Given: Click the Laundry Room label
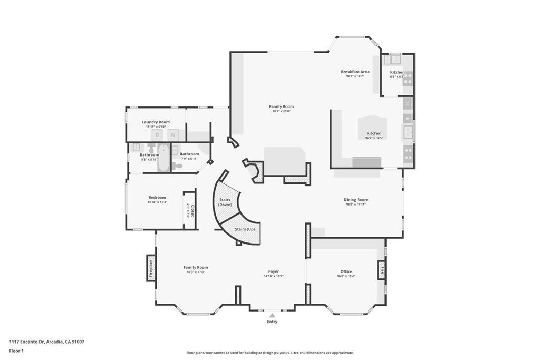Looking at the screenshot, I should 156,122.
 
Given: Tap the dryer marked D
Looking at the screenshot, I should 157,135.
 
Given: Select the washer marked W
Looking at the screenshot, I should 172,135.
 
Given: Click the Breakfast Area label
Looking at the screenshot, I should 355,72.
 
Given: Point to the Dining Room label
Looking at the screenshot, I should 355,200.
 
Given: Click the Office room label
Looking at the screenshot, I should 346,271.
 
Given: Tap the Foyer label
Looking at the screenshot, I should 273,271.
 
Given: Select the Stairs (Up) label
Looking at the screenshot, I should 245,229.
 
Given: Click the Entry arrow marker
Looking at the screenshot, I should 272,315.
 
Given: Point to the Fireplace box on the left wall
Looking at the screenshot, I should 151,268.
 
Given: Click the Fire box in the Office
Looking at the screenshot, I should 381,270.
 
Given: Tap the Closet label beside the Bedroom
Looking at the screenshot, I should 192,211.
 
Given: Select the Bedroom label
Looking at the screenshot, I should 157,198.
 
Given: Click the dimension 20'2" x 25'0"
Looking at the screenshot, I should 281,111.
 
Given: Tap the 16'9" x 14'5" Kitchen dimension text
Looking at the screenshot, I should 374,138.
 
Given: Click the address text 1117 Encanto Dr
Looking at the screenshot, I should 46,342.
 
